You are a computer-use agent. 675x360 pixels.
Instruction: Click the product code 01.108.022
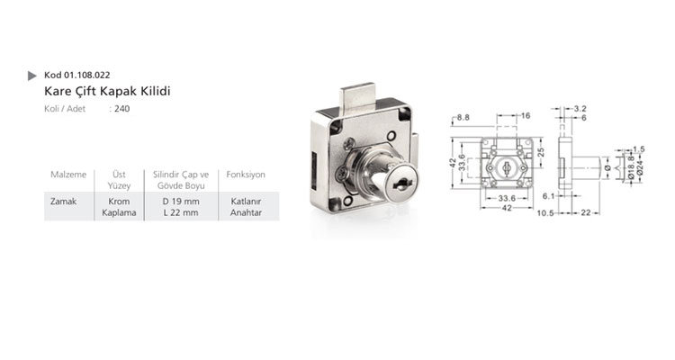tap(87, 75)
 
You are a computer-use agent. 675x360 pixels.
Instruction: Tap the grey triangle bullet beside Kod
tap(31, 76)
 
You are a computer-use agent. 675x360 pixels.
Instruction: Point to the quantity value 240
tap(122, 109)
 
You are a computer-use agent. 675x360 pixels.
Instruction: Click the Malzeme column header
tap(68, 175)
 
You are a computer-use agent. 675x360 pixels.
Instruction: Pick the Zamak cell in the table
tap(63, 201)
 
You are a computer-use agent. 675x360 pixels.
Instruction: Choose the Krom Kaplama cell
tap(119, 207)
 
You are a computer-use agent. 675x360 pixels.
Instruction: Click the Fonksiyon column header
tap(246, 175)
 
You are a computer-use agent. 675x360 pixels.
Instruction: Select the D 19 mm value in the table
tap(181, 201)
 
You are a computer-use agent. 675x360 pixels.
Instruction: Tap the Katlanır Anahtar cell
tap(246, 207)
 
